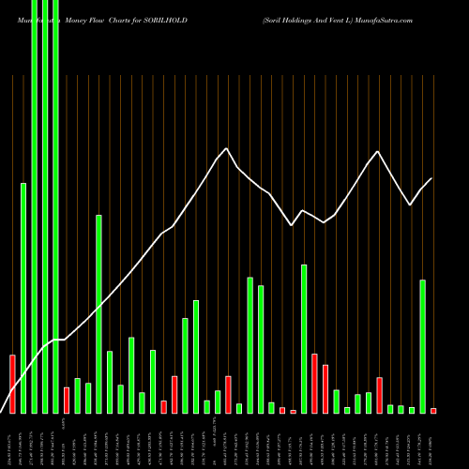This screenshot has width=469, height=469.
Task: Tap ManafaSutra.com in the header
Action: coord(422,9)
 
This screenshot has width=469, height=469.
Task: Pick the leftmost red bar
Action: coord(12,384)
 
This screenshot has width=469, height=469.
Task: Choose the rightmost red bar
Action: coord(433,411)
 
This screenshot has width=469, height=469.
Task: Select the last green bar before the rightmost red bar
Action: coord(422,346)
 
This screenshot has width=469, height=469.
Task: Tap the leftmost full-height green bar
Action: coord(34,206)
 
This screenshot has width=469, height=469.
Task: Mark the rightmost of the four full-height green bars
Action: coord(55,206)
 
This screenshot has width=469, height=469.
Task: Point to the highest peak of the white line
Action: coord(227,149)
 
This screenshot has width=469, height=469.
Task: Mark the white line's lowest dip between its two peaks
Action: coord(293,225)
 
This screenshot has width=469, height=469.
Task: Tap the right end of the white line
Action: coord(432,178)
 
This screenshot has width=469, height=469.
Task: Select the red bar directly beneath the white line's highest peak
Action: coord(228,394)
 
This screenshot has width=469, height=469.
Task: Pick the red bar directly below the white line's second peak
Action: coord(379,395)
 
